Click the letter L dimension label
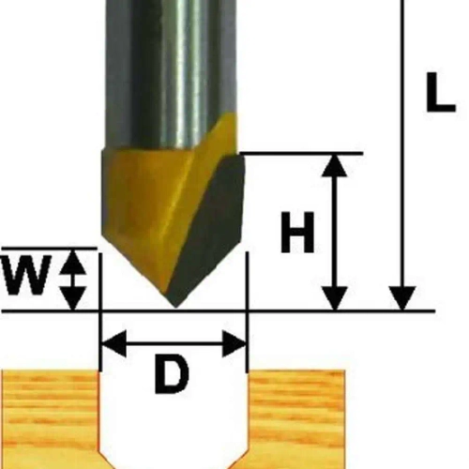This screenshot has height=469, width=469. pos(440,93)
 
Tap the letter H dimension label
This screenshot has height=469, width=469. pos(297,232)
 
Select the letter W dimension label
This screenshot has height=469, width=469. pos(26,275)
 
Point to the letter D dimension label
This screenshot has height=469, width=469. pos(172,373)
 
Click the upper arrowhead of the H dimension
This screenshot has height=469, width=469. pos(335,165)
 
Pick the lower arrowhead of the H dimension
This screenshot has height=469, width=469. pos(335,299)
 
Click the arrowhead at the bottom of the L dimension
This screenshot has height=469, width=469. pos(402,299)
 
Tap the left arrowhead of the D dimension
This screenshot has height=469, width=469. pos(114,343)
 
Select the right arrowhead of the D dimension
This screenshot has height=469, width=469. pos(234,343)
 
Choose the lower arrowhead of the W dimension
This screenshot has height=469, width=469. pos(73,298)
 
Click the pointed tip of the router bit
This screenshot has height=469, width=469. pos(175,307)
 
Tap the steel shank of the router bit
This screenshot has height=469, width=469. pos(171,72)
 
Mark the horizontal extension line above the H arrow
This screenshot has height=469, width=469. pos(301,154)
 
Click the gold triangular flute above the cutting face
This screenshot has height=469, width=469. pos(216,138)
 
